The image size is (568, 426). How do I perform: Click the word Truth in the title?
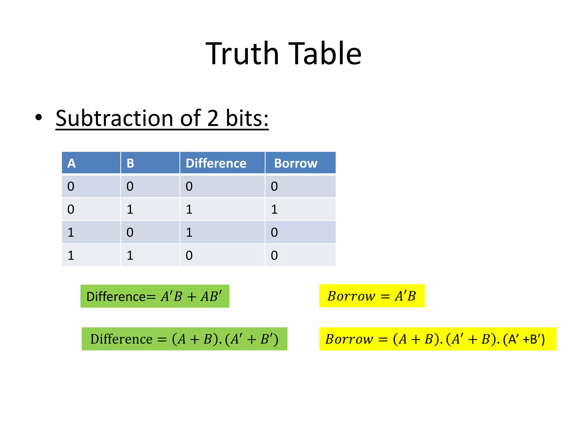point(242,53)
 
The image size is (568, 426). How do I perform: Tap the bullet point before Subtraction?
point(39,117)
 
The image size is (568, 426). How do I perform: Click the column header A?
point(72,163)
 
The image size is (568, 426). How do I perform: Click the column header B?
point(130,163)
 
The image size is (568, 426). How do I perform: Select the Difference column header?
point(216,163)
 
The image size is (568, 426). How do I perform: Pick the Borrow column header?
point(296,163)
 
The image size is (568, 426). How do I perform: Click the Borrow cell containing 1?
point(274,209)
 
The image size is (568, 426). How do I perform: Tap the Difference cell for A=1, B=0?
point(189,232)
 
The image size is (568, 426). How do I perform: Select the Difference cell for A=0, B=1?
point(189,209)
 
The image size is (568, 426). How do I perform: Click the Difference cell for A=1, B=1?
point(189,255)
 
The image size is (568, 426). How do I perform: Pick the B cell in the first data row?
point(130,186)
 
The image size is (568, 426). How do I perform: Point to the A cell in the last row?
point(71,255)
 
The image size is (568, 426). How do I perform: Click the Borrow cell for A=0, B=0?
point(274,186)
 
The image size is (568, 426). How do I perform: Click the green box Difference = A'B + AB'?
point(155,296)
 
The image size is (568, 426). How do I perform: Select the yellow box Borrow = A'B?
point(372,296)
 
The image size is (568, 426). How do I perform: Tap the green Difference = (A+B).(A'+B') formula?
point(184,339)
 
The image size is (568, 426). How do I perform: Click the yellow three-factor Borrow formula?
point(437,339)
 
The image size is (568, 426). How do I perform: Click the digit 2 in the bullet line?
point(212,118)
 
